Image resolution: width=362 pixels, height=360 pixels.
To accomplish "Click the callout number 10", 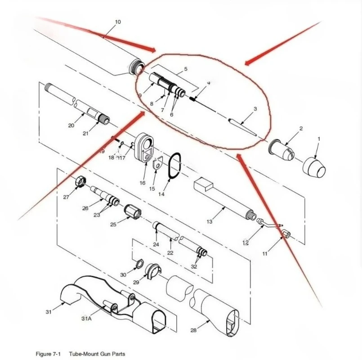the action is [118, 22].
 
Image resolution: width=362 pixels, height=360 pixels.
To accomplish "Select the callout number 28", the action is [193, 331].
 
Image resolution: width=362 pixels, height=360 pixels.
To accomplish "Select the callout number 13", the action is [209, 221].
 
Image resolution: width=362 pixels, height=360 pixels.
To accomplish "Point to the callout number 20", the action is [71, 126].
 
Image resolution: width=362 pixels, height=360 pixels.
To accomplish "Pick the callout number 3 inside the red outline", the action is [255, 109].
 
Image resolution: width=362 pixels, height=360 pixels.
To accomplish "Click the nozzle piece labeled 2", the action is [282, 148].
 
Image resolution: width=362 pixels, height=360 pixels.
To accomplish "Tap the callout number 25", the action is [113, 224].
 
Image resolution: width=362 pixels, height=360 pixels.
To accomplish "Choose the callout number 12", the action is [246, 243].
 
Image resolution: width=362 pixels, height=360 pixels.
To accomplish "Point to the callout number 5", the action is [185, 69].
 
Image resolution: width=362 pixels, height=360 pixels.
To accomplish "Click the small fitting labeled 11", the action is [286, 234].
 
